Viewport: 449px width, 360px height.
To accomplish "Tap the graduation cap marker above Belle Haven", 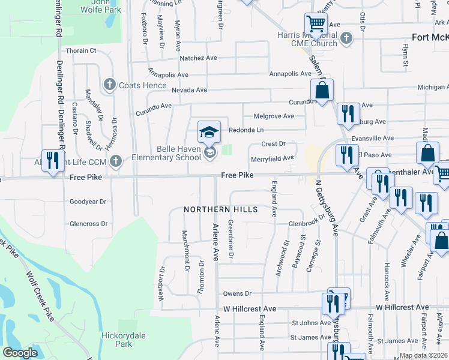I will point(209,131).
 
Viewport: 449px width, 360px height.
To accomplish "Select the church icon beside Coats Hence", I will point(109,85).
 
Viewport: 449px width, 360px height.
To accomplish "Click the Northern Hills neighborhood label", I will point(221,209).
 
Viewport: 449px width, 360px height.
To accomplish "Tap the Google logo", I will point(20,353).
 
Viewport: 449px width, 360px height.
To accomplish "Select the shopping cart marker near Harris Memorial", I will point(316,24).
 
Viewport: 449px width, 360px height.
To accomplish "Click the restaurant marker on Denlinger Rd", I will point(53,160).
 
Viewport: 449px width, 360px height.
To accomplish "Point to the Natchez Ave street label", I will point(199,59).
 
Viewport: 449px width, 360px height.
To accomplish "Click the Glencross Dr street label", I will point(88,223).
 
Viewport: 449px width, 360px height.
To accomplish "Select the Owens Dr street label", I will point(237,293).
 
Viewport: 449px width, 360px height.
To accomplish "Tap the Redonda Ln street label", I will point(246,130).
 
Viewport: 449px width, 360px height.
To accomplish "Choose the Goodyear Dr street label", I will point(88,202).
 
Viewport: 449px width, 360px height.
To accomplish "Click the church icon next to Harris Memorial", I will point(346,39).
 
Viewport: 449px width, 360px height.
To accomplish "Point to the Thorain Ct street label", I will point(81,51).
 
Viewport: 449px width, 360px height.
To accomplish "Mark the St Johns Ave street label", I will point(307,323).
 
